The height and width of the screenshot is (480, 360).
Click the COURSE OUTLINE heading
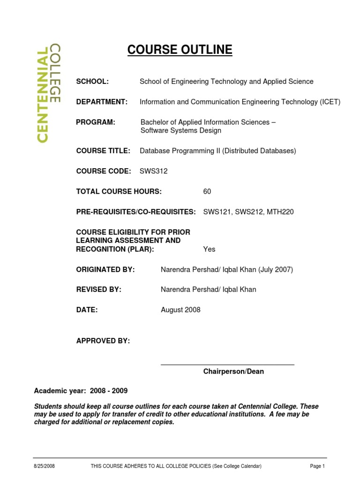pos(180,50)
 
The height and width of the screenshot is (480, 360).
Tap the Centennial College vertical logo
pos(48,93)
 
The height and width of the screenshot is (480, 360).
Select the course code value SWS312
pos(153,171)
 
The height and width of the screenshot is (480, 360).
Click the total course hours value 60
pos(207,191)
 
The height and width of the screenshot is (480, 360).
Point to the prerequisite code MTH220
pos(280,212)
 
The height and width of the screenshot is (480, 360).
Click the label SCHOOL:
pos(92,82)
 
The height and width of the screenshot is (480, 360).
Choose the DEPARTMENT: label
pos(102,102)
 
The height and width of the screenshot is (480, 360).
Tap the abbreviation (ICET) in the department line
pos(330,102)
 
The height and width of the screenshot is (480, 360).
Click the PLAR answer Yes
pos(209,249)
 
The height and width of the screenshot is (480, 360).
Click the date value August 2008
pos(180,310)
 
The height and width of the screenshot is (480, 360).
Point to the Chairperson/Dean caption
pos(233,371)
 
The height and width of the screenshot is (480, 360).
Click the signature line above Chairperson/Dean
pos(227,364)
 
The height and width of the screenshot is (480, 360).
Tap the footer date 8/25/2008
pos(44,466)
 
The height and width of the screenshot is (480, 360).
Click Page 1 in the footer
pos(317,466)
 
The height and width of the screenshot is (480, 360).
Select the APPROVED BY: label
pos(103,341)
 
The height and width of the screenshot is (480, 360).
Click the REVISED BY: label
pos(98,290)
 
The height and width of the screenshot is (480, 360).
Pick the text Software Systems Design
pos(181,131)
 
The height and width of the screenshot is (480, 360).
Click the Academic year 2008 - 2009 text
pos(81,391)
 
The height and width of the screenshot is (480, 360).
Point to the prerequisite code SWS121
pos(217,212)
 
